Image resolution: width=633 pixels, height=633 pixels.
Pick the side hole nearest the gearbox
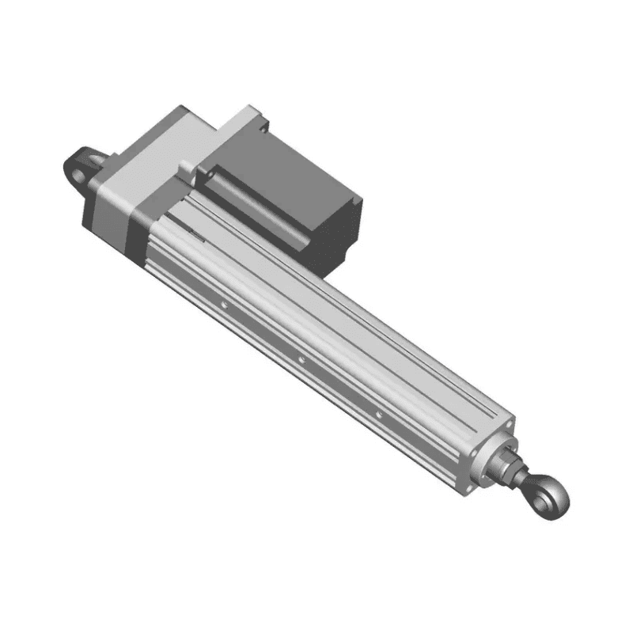coord(224,303)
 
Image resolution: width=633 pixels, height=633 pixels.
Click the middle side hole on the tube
coord(301,360)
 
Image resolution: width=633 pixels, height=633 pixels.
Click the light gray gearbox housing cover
coord(150,166)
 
